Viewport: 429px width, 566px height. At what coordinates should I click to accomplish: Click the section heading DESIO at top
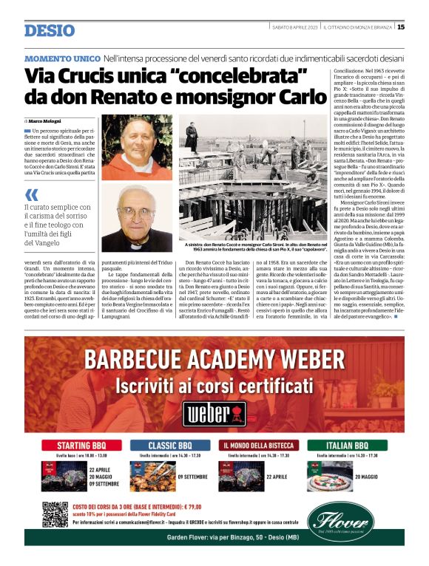(x=50, y=30)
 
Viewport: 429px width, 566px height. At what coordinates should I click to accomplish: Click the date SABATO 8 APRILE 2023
(x=295, y=27)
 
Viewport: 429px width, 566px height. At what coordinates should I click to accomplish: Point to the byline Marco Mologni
(x=46, y=120)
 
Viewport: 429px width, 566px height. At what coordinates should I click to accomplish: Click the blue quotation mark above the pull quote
(x=32, y=195)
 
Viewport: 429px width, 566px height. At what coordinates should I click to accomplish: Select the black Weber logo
(x=214, y=412)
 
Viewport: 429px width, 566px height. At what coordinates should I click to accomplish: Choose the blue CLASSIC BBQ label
(x=171, y=446)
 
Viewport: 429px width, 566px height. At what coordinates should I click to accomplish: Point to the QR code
(x=55, y=514)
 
